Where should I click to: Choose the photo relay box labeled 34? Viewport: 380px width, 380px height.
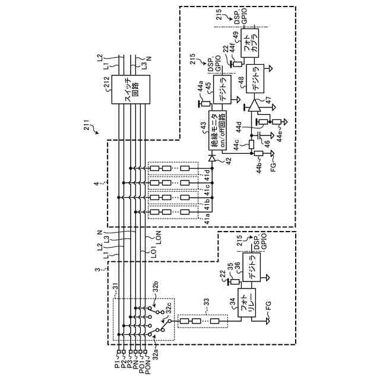pyautogui.click(x=245, y=304)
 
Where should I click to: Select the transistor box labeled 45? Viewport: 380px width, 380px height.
pyautogui.click(x=220, y=88)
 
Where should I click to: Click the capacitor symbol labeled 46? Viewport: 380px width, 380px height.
pyautogui.click(x=259, y=138)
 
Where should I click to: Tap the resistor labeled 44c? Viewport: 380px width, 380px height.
pyautogui.click(x=251, y=144)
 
